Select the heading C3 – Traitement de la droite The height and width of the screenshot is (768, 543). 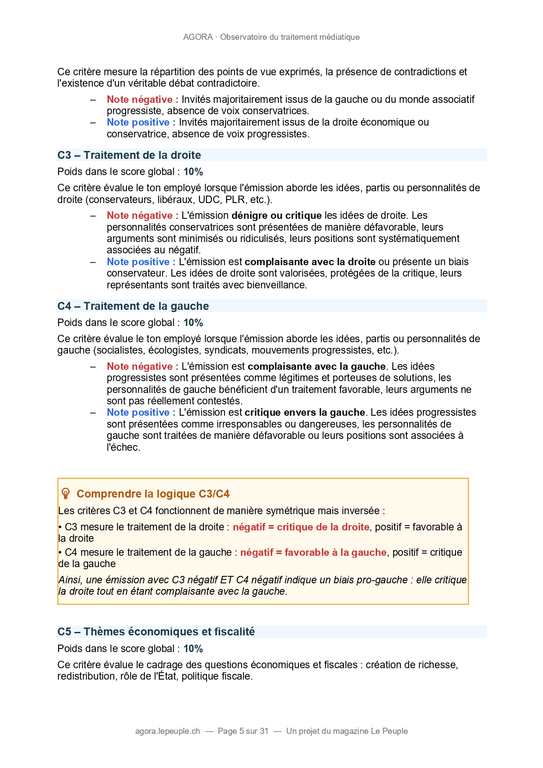click(x=129, y=155)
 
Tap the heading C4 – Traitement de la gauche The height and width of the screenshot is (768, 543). click(x=133, y=306)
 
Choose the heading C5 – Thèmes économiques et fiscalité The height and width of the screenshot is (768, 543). click(x=156, y=632)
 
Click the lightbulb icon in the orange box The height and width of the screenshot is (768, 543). click(x=66, y=494)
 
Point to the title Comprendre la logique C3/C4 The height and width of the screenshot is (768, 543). click(x=153, y=494)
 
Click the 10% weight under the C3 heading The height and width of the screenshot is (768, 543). click(x=193, y=172)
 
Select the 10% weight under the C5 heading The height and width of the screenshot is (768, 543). click(x=193, y=649)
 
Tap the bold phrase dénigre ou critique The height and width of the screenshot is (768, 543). click(x=277, y=216)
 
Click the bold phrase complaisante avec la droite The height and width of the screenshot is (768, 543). click(x=310, y=262)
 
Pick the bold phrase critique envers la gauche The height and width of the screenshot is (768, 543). click(x=305, y=413)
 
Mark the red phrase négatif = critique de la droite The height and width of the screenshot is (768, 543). click(x=301, y=527)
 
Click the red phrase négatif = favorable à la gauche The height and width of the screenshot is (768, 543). click(x=313, y=553)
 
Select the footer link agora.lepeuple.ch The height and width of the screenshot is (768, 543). click(x=168, y=731)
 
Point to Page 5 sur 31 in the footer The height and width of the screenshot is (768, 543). click(x=243, y=731)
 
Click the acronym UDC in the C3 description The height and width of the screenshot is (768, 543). click(x=210, y=200)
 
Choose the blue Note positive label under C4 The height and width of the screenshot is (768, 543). click(x=141, y=413)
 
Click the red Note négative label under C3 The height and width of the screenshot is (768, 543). click(x=142, y=216)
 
